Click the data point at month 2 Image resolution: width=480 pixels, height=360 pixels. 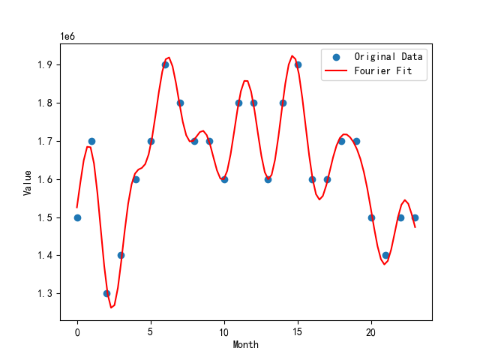(106, 293)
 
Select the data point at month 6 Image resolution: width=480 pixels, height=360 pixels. (165, 64)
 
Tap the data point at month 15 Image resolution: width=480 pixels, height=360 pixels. (298, 64)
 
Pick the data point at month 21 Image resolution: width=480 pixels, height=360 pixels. (385, 255)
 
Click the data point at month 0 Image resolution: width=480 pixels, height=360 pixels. (77, 217)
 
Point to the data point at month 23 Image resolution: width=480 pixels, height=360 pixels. (415, 217)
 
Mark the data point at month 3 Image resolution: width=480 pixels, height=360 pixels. (121, 255)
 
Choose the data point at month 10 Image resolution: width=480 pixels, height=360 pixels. (224, 179)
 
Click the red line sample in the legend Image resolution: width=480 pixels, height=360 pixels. (337, 72)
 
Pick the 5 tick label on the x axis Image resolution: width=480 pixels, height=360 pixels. (151, 331)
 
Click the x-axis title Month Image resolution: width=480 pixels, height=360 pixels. (246, 345)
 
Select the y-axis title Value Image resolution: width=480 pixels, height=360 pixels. (27, 182)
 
